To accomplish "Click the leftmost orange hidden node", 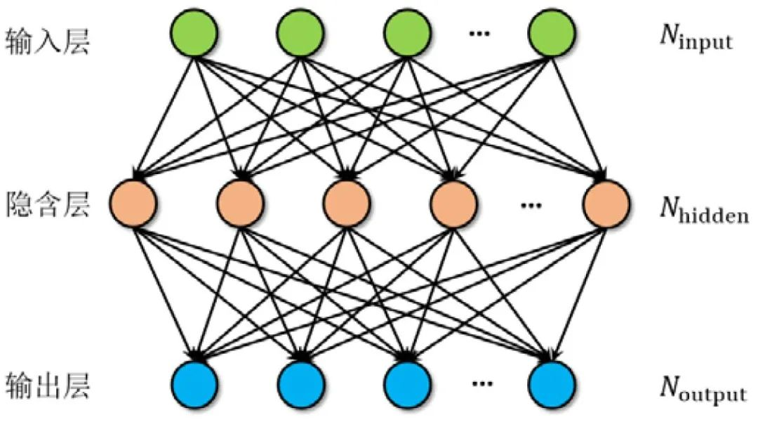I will click(133, 204).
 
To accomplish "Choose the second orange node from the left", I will click(240, 204).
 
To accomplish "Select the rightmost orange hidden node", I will click(605, 204).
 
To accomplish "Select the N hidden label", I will click(703, 209).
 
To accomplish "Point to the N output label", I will click(702, 389).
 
